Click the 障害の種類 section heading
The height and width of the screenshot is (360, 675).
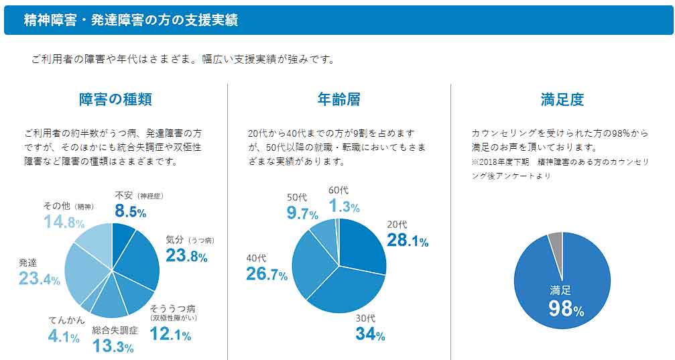point(115,100)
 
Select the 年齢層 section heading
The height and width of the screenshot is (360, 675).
point(339,100)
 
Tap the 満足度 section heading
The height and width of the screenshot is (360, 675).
point(562,100)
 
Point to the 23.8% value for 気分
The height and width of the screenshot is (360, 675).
point(186,255)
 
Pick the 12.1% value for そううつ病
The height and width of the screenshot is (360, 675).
point(170,335)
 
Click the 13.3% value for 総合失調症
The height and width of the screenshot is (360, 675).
point(113,346)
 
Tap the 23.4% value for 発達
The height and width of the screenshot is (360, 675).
point(40,279)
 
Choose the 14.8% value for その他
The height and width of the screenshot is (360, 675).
point(64,222)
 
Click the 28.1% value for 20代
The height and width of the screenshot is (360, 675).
point(408,241)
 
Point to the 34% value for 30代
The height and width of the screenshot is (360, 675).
point(370,333)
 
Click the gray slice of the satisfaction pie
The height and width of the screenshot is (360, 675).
point(555,237)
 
